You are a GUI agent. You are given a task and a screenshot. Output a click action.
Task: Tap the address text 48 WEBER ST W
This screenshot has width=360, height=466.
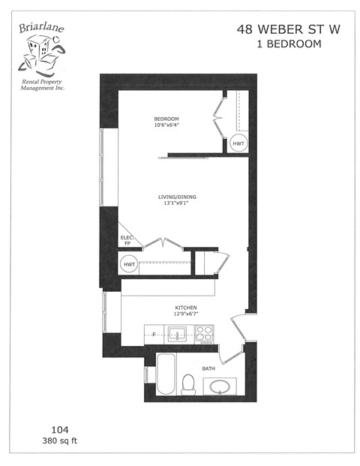click(x=279, y=29)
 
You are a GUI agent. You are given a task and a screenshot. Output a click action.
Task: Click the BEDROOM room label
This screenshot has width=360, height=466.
click(x=166, y=119)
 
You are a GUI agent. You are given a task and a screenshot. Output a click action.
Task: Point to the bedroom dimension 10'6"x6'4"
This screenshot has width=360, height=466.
click(x=166, y=125)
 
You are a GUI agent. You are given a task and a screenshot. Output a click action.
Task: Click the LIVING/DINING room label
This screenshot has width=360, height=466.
click(x=177, y=197)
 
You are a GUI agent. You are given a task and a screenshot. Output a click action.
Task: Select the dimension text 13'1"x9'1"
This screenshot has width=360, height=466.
click(x=177, y=203)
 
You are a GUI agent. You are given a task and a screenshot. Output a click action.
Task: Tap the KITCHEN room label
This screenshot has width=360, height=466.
click(x=186, y=308)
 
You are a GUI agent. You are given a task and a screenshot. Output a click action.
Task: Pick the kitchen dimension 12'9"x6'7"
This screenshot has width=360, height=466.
click(x=186, y=314)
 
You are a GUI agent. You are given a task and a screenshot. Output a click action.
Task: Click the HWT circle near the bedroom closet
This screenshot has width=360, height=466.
click(x=238, y=143)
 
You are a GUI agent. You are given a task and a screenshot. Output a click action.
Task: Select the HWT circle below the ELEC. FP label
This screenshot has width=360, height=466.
click(x=129, y=265)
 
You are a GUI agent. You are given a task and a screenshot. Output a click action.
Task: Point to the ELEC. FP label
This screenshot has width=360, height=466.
click(x=127, y=241)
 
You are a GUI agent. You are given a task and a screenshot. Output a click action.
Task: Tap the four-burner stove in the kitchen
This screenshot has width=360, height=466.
click(x=205, y=334)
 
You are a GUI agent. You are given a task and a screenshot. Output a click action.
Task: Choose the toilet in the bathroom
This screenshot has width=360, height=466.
click(x=189, y=383)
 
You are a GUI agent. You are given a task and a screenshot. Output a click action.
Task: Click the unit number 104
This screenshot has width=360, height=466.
click(x=60, y=429)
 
